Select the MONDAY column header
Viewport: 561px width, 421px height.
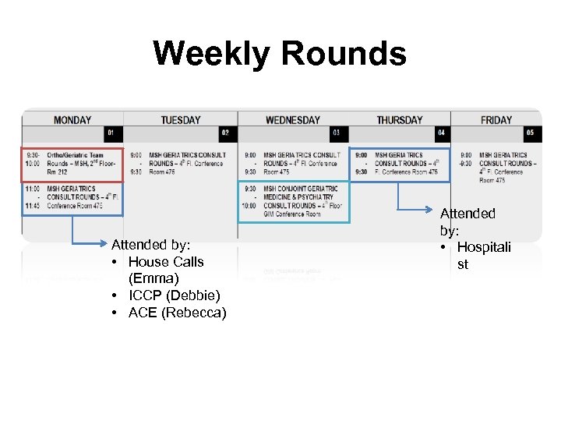tap(72, 120)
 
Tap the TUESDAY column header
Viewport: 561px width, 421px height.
tap(181, 120)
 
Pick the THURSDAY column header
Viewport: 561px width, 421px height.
tap(400, 120)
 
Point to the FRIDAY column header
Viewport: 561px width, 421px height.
tap(496, 120)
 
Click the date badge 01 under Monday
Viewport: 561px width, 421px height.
tap(114, 133)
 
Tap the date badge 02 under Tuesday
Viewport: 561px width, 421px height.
tap(226, 133)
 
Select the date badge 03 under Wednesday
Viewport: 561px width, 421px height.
tap(337, 133)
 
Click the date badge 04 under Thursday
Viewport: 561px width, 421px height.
tap(441, 133)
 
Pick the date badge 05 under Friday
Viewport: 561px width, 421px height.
tap(531, 133)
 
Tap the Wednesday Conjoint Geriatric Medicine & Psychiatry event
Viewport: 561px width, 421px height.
tap(293, 201)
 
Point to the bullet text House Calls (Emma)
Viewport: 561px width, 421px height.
tap(165, 270)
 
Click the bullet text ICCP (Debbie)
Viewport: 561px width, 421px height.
tap(175, 295)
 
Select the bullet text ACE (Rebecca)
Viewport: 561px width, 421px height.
tap(178, 313)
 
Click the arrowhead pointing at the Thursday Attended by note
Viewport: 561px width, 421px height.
tap(436, 209)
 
